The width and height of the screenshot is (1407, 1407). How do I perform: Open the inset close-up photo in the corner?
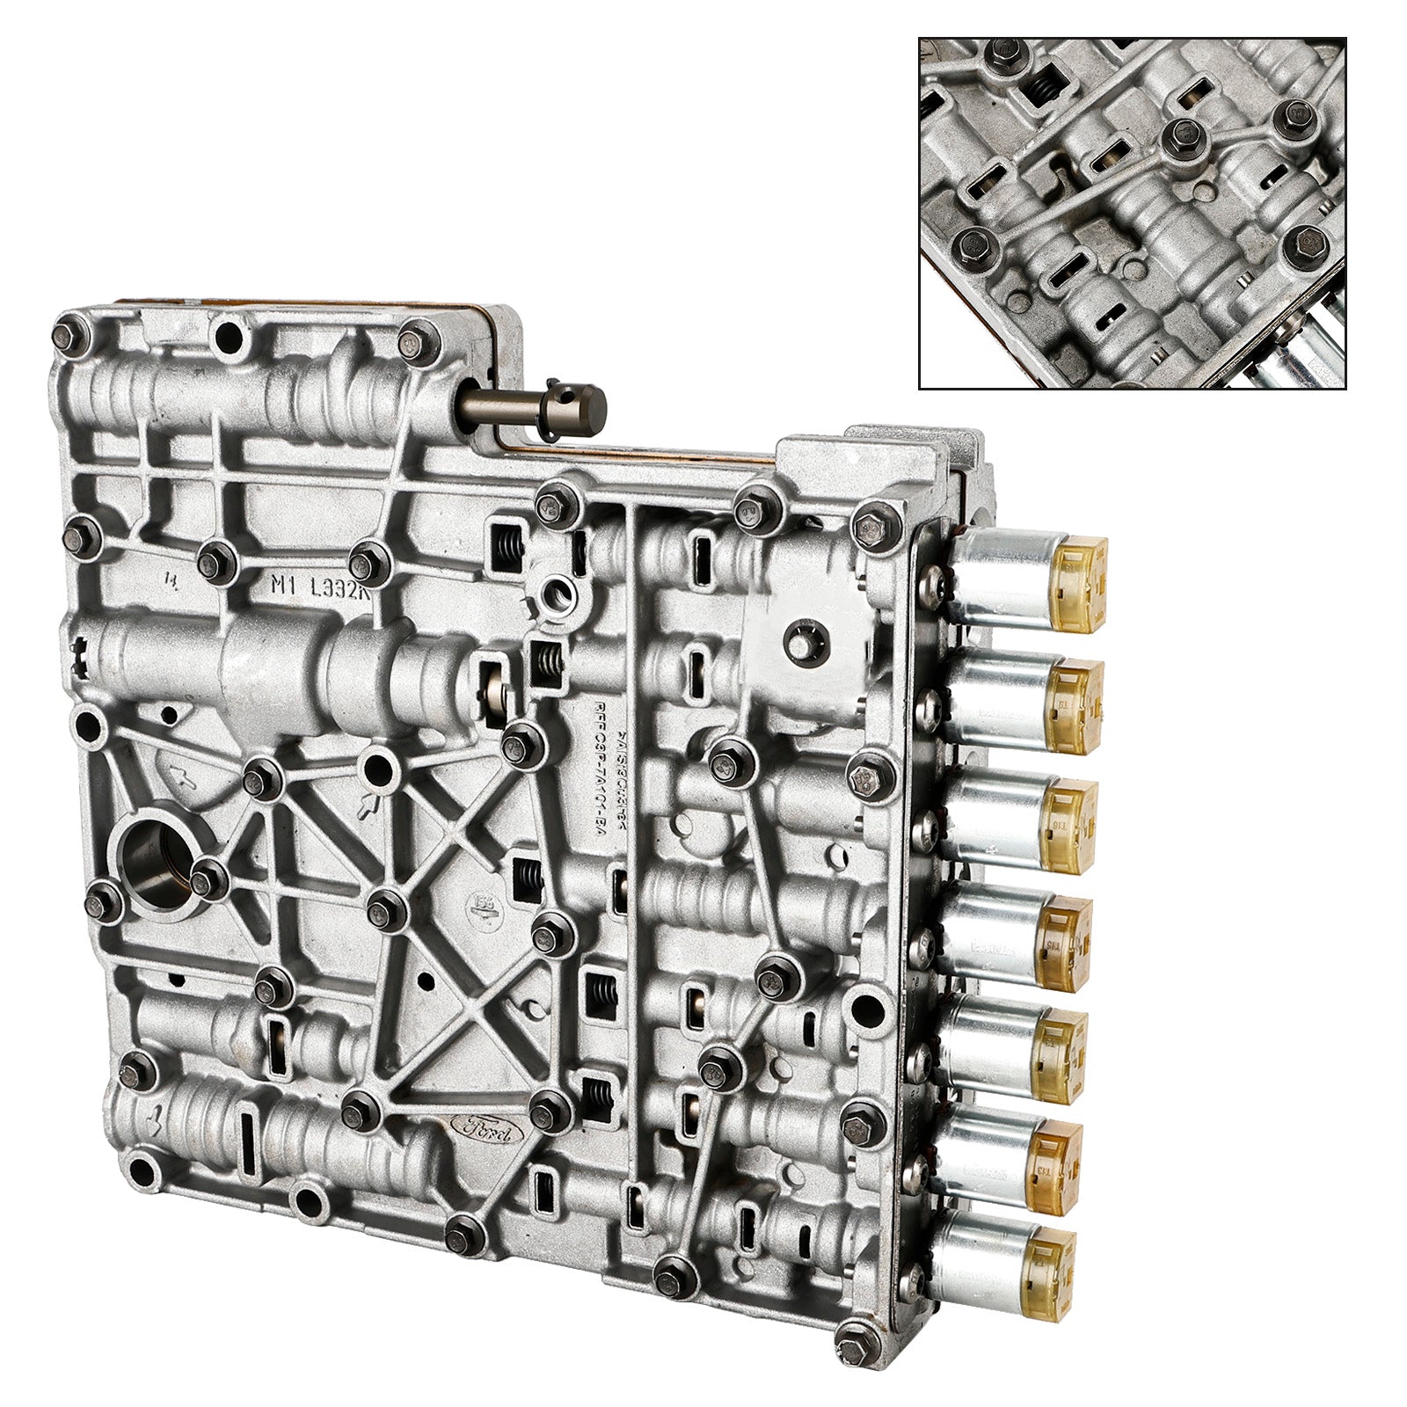(x=1132, y=213)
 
